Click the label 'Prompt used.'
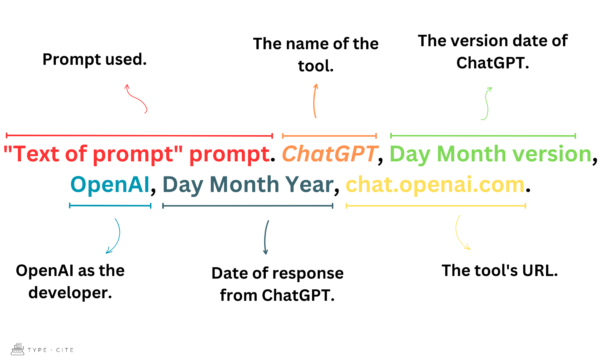pos(94,60)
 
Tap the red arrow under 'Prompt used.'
pos(134,98)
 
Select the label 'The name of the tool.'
pos(315,53)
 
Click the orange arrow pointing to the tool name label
pos(315,100)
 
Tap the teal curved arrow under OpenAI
pos(112,236)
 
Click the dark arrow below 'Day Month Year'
pos(265,238)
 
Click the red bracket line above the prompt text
pos(139,135)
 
